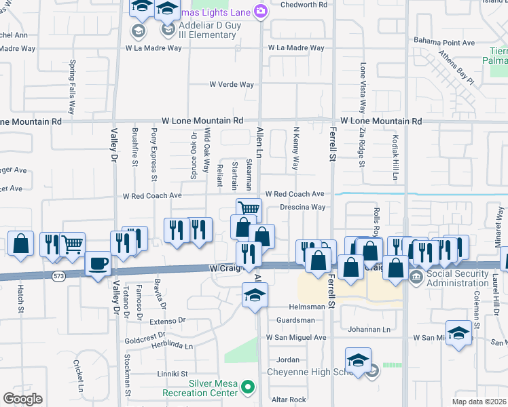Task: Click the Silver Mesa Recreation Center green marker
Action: [249, 387]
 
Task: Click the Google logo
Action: [22, 399]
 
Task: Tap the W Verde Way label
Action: [232, 85]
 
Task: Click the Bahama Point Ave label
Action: [445, 43]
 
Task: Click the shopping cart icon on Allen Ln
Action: [249, 210]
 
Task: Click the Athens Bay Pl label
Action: [456, 68]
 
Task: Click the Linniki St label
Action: [173, 374]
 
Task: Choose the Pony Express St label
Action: [155, 155]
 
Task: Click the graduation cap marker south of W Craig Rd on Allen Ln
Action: [255, 294]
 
